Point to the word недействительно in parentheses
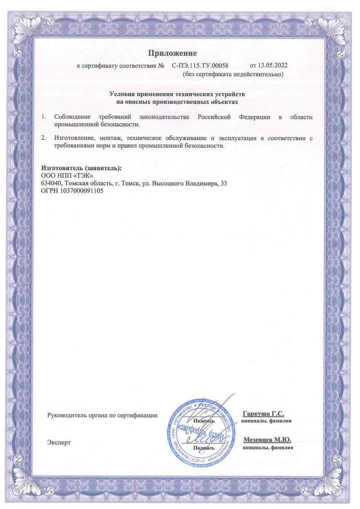256,74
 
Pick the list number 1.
44,117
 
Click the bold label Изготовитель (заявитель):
81,168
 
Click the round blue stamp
202,432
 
